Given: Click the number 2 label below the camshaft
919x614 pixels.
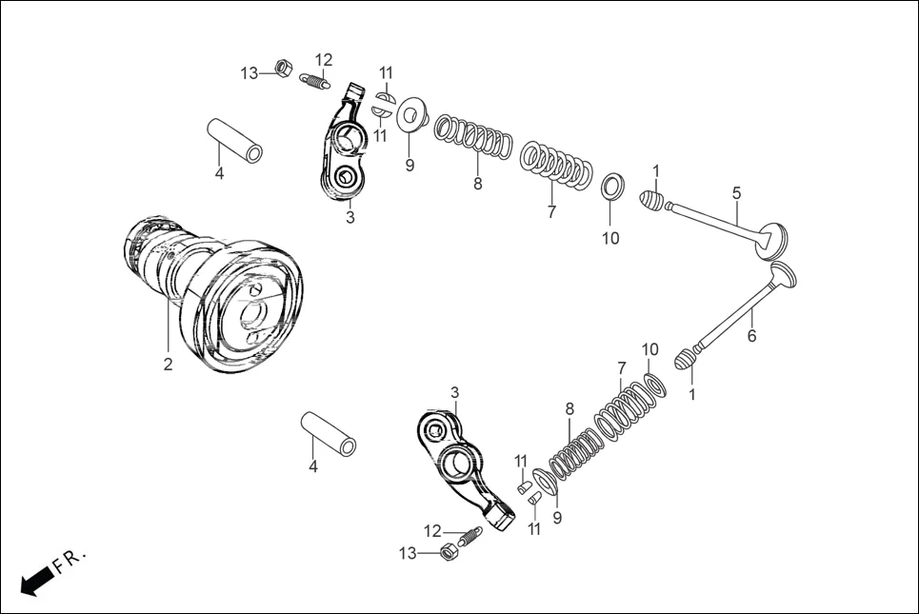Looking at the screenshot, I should (168, 365).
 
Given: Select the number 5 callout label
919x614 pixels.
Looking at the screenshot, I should (736, 193).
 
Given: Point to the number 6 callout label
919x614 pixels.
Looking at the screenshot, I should (751, 336).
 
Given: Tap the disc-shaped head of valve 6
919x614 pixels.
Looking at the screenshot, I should (783, 274).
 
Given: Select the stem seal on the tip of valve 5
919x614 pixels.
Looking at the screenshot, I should (649, 201).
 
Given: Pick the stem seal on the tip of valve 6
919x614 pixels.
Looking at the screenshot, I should (687, 361).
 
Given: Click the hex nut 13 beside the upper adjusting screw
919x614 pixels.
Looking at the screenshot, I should (282, 68).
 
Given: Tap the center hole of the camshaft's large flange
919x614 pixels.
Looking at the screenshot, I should (253, 310).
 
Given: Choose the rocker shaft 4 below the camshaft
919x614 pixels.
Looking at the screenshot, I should (329, 433).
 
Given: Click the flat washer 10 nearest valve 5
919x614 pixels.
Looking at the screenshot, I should (612, 185).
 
